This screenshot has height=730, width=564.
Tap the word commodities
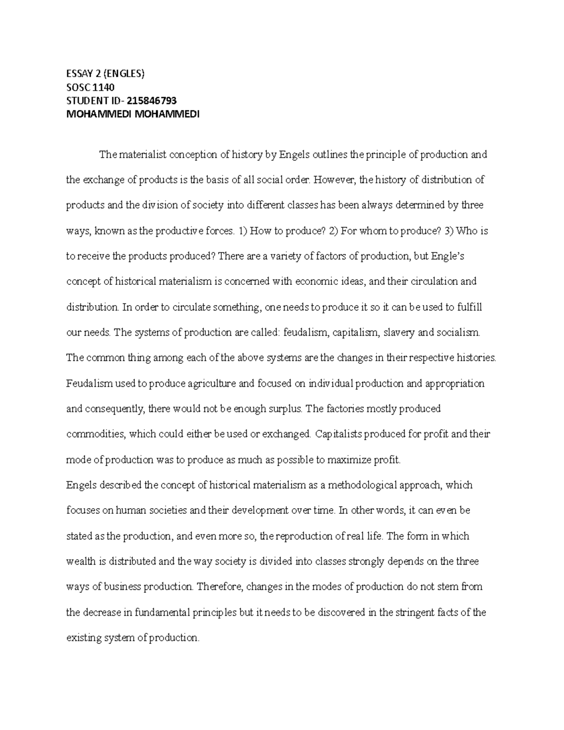(95, 434)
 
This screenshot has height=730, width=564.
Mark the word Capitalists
(338, 434)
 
